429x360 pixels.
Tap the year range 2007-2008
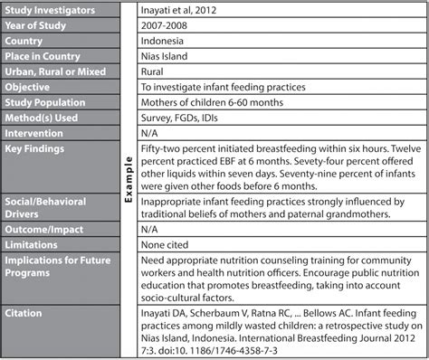(164, 26)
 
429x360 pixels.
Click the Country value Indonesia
(165, 43)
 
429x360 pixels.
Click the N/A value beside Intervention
(151, 140)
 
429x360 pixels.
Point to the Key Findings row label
(40, 156)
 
